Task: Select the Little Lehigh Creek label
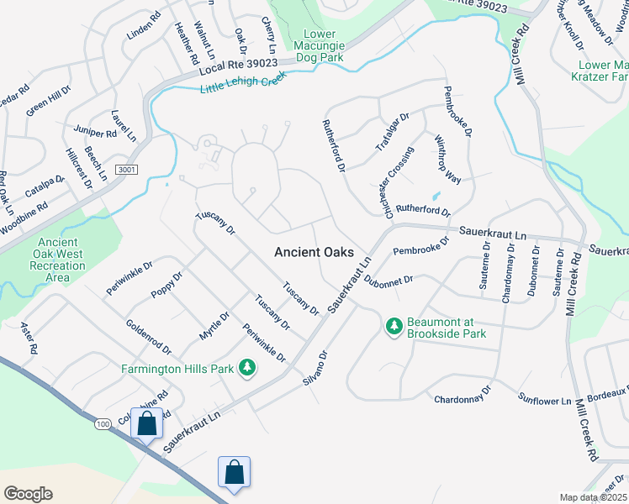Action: pos(244,81)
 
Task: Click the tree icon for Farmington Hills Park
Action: pos(247,368)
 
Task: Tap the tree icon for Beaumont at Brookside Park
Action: pos(393,325)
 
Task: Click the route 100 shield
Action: pos(103,425)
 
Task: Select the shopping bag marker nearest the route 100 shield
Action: pos(147,424)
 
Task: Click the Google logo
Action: pos(28,494)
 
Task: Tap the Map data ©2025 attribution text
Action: pos(593,497)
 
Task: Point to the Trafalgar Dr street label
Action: pos(391,138)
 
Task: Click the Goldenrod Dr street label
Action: pos(148,337)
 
